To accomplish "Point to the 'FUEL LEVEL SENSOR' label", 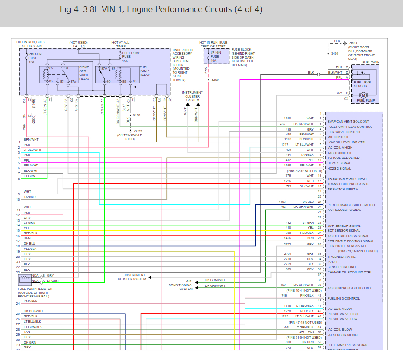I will [363, 84].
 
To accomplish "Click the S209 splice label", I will [215, 79].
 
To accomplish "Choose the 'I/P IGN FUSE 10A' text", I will [215, 56].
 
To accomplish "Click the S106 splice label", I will [136, 115].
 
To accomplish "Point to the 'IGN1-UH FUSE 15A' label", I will [35, 58].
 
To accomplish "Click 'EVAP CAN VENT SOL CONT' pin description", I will [348, 121].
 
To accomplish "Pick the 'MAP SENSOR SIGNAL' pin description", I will [344, 225].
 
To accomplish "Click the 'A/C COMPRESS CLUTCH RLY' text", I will [349, 288].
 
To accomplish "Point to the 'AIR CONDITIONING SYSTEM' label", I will [186, 285].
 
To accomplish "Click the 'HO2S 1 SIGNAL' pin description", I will [339, 163].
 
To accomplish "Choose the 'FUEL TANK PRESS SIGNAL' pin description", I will [348, 345].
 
